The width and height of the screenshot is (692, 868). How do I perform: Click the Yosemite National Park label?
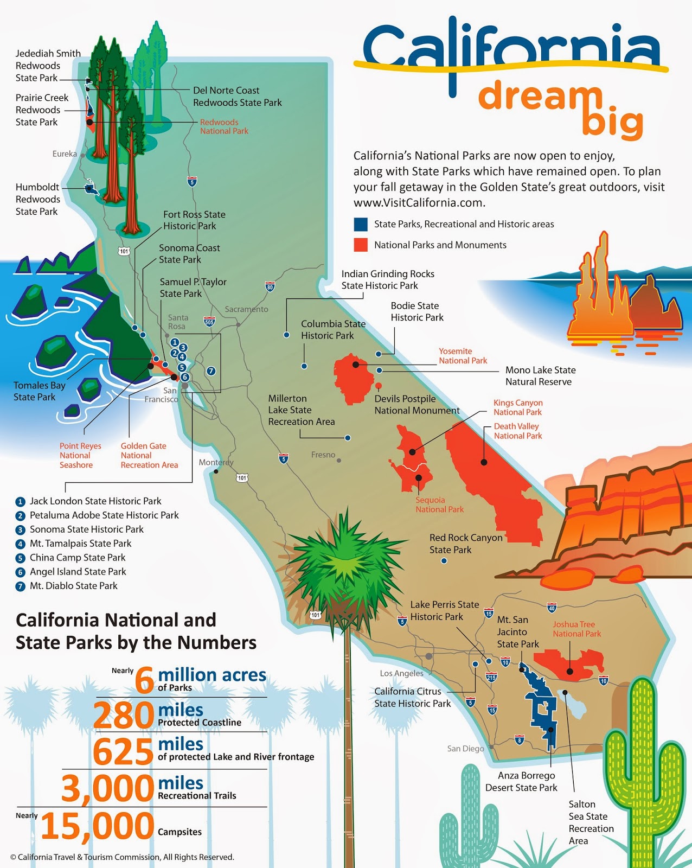[463, 356]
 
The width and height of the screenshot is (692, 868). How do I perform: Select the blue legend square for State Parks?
[361, 224]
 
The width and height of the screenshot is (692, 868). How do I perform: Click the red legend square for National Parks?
[361, 245]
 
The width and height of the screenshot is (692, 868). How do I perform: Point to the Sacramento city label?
[246, 309]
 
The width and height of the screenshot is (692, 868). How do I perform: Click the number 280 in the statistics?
[124, 716]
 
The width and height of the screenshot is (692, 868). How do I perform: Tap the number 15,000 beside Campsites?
[98, 826]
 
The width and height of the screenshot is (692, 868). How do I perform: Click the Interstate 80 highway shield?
[270, 287]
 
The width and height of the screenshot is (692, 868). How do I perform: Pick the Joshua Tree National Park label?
[576, 629]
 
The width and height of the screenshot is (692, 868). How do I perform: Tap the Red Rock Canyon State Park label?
[466, 544]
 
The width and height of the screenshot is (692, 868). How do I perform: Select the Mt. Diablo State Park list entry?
[73, 586]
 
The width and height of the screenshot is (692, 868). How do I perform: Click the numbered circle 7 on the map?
[212, 371]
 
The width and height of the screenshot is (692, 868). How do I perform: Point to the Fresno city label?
[323, 455]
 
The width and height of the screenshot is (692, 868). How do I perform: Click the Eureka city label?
[65, 154]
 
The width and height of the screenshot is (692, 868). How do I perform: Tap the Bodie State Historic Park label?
[417, 311]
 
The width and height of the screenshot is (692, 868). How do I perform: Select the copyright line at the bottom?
[122, 857]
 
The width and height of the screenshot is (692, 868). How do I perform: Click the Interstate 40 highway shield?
[552, 607]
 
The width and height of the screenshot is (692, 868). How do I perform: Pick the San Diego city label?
[465, 749]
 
